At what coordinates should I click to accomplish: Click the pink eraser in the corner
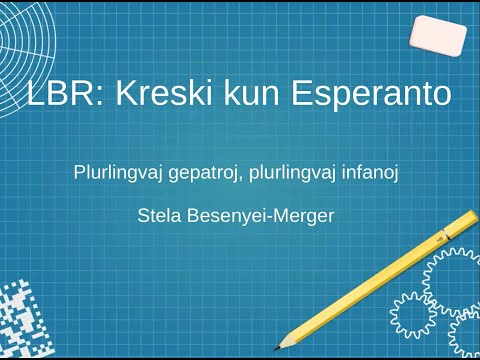(x=437, y=36)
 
